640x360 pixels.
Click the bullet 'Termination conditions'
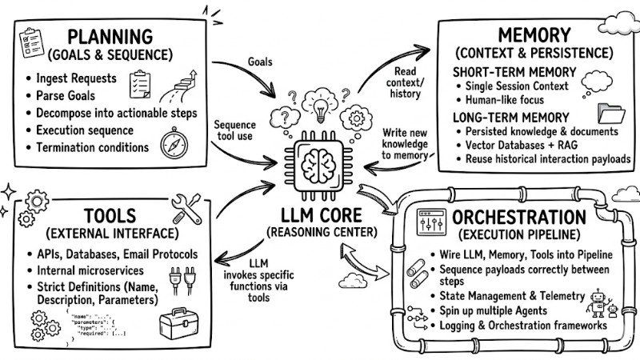[91, 147]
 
